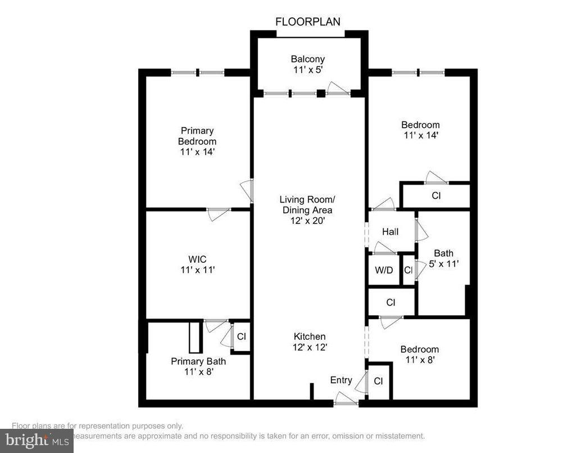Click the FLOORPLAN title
(307, 22)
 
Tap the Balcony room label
(307, 64)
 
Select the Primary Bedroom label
(197, 141)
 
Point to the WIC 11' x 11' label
(197, 264)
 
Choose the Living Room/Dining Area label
(307, 210)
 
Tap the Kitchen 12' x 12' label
(309, 342)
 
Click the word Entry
(341, 380)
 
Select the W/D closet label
(384, 270)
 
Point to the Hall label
(390, 231)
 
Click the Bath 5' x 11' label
(443, 258)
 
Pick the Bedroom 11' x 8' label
(419, 355)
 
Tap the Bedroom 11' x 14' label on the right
(420, 130)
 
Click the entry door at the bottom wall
(346, 401)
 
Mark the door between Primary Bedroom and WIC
(219, 212)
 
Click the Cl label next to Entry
(378, 382)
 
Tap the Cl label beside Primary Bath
(241, 337)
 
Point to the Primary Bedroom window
(197, 72)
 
